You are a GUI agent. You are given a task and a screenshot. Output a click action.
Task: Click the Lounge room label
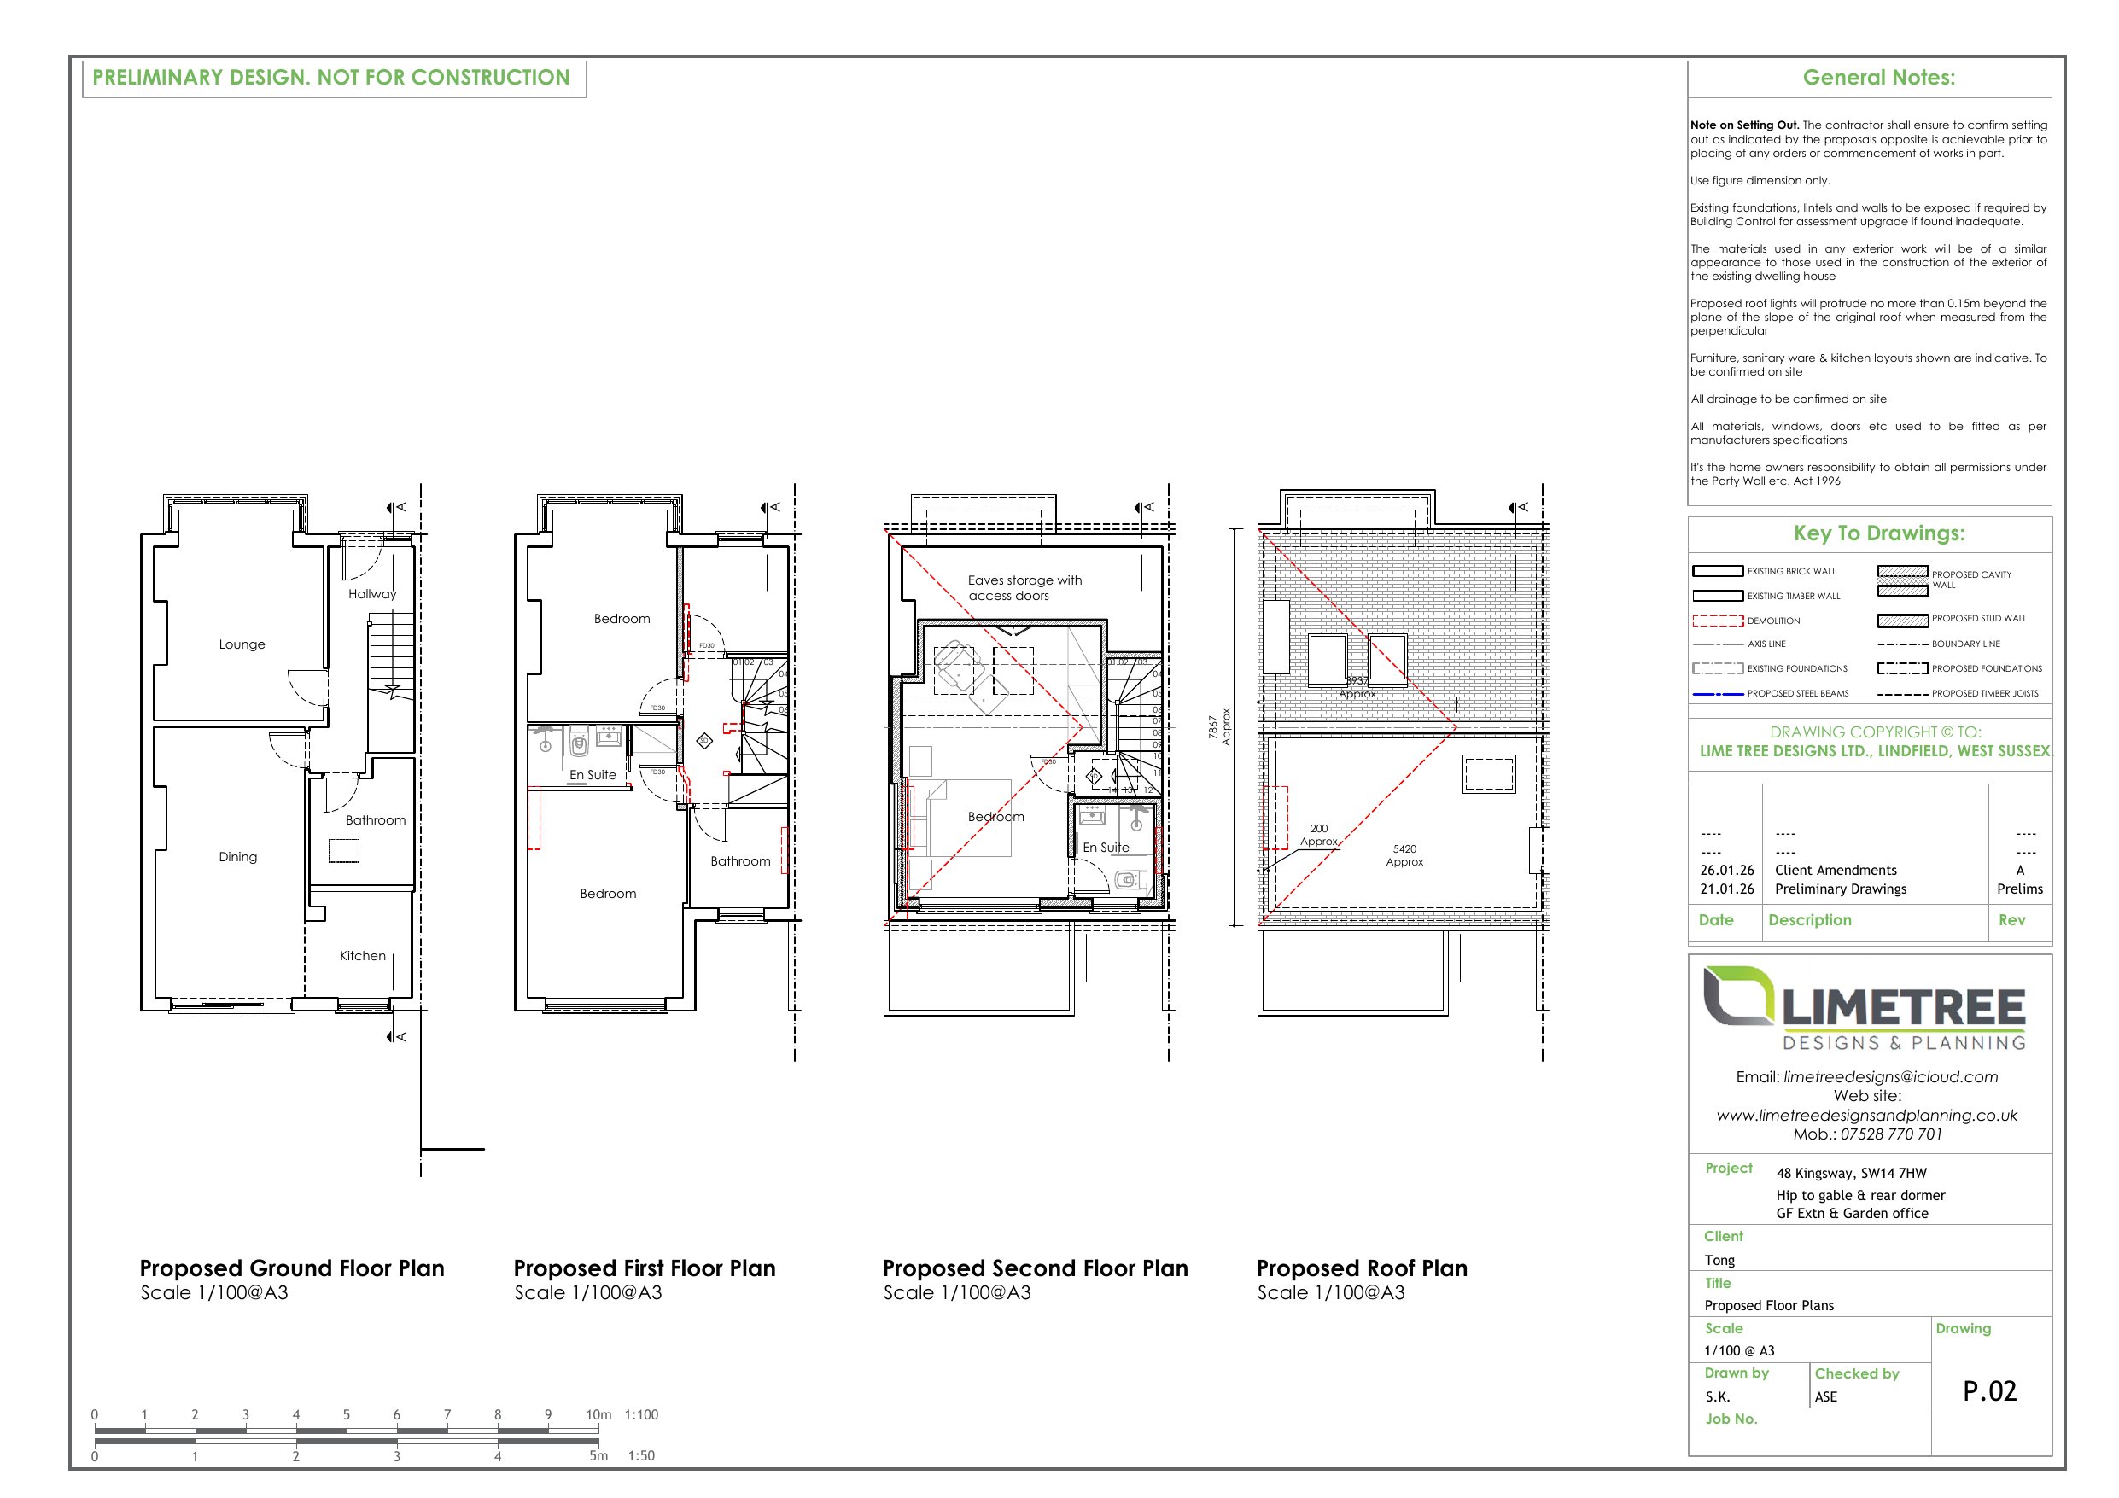tap(242, 644)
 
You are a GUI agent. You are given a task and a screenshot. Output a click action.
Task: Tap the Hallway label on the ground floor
tap(372, 593)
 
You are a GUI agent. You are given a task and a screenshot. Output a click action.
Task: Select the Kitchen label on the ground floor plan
tap(362, 955)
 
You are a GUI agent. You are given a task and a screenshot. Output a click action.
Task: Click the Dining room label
tap(237, 856)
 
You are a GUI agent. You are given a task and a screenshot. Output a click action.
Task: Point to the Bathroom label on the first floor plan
tap(740, 860)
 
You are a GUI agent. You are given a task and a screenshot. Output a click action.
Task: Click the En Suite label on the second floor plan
tap(1106, 847)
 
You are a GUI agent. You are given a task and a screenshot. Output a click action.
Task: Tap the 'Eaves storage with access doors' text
tap(1024, 587)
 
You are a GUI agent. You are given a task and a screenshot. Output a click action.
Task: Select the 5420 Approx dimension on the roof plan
tap(1404, 854)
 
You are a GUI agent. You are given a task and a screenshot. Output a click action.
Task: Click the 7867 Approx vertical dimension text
tap(1219, 726)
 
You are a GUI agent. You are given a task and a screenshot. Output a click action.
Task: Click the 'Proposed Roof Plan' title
tap(1361, 1268)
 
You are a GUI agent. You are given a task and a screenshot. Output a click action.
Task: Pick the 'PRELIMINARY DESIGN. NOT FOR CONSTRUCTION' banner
tap(331, 78)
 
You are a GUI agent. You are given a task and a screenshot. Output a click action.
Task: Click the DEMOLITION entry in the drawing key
tap(1773, 621)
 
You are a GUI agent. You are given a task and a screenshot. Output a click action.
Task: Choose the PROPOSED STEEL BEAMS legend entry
tap(1797, 693)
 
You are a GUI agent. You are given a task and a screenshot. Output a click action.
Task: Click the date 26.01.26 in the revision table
tap(1725, 870)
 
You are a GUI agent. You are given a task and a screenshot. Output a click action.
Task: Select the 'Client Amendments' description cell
tap(1835, 870)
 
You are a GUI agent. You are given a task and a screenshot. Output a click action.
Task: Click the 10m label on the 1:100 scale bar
tap(598, 1414)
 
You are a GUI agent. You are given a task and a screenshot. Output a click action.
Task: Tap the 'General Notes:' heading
tap(1878, 78)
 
